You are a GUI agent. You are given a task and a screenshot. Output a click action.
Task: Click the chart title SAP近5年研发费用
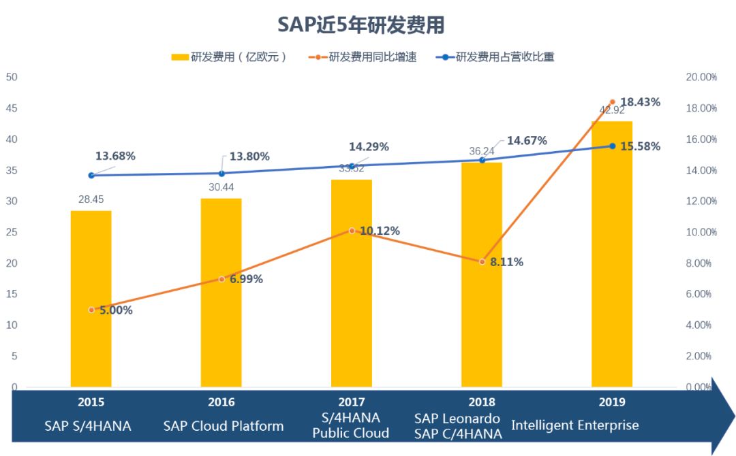(x=361, y=25)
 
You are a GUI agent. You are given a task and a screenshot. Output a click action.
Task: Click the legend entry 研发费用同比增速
(x=365, y=57)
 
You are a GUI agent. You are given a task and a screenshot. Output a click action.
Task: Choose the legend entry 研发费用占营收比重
(x=498, y=57)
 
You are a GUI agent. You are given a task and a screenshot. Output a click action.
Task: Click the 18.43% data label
(x=641, y=102)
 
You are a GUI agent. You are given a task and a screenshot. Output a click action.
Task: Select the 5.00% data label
(x=115, y=310)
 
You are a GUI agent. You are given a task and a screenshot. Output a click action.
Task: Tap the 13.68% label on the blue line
(x=115, y=156)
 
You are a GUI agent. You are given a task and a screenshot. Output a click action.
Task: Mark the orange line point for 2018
(x=482, y=261)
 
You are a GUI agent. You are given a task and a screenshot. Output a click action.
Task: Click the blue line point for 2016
(x=221, y=174)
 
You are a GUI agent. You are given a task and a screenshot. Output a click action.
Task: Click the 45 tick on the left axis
(x=12, y=108)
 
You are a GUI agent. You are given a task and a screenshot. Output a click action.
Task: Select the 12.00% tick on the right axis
(x=701, y=201)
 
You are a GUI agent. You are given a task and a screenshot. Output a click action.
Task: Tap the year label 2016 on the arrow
(x=221, y=402)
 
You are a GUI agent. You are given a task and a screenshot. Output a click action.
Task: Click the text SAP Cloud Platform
(x=224, y=426)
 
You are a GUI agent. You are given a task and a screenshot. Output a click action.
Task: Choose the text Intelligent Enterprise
(x=575, y=425)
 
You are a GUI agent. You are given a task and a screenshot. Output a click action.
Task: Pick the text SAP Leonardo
(x=457, y=419)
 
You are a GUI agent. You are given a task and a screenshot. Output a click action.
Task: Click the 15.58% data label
(x=641, y=146)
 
